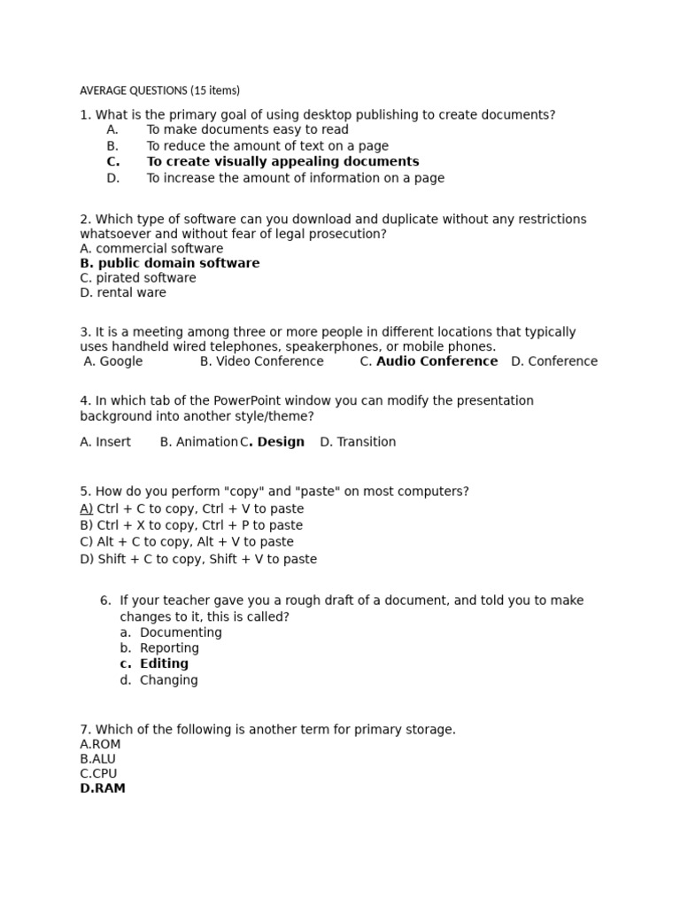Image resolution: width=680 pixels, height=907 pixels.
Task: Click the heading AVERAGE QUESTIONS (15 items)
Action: pyautogui.click(x=159, y=90)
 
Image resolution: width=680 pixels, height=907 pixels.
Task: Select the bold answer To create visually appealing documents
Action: pyautogui.click(x=282, y=162)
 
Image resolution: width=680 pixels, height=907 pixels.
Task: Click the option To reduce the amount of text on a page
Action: pyautogui.click(x=267, y=146)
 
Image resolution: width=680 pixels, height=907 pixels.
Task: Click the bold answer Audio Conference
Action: pyautogui.click(x=437, y=361)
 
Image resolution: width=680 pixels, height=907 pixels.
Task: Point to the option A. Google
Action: pyautogui.click(x=113, y=361)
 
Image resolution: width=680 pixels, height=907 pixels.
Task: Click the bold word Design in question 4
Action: pyautogui.click(x=281, y=442)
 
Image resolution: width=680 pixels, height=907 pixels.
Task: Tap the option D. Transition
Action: pyautogui.click(x=358, y=442)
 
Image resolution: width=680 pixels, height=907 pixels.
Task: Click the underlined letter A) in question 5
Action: pyautogui.click(x=86, y=509)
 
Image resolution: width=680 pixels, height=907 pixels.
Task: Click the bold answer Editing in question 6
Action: pyautogui.click(x=164, y=664)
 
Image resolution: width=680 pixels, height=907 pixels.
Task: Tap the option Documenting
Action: pyautogui.click(x=181, y=632)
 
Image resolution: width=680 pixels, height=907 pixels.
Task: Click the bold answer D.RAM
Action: pyautogui.click(x=103, y=788)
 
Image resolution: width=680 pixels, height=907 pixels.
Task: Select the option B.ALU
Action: pyautogui.click(x=97, y=759)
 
